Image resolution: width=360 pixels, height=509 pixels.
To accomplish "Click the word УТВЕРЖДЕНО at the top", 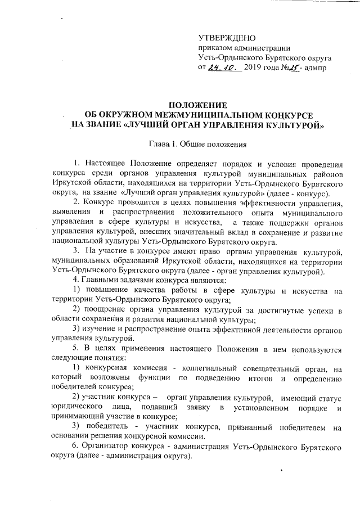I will pyautogui.click(x=227, y=38).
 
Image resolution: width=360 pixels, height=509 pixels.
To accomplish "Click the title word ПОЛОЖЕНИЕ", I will pyautogui.click(x=199, y=105).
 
